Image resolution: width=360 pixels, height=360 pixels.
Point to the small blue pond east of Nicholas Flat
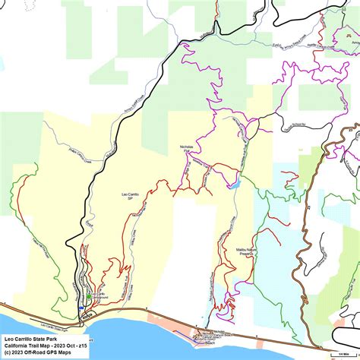[237, 183]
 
